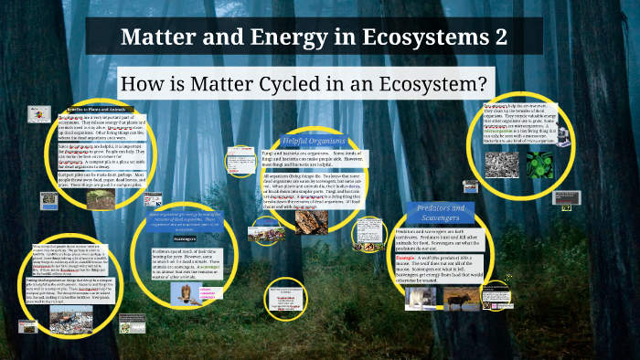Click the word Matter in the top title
158,39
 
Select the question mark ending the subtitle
476,83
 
